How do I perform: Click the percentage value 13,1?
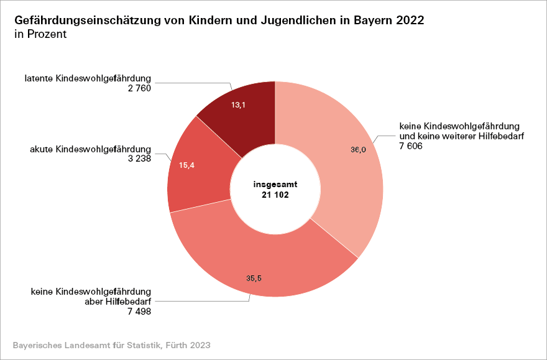(238, 105)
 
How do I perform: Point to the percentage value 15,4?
(187, 165)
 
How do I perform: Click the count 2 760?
(138, 88)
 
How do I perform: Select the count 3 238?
(138, 159)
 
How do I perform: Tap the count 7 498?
(138, 311)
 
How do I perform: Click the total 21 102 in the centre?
(275, 195)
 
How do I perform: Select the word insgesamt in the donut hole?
(275, 185)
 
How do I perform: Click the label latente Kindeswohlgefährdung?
(88, 78)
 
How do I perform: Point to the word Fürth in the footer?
(178, 344)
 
